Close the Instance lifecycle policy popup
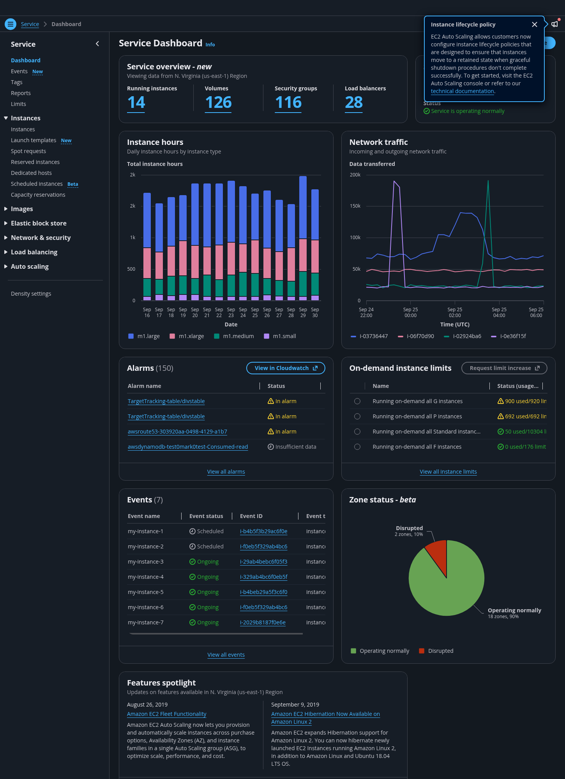click(535, 25)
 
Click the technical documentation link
click(463, 91)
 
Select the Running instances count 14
click(136, 102)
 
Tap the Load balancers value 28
click(354, 102)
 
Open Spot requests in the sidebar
click(28, 151)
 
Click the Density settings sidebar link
click(31, 294)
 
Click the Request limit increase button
click(504, 368)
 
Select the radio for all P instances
click(357, 416)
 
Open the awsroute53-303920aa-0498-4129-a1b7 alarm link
click(177, 432)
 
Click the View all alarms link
click(226, 472)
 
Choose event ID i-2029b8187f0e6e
click(263, 622)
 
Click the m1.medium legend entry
click(234, 336)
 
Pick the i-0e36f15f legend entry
click(508, 336)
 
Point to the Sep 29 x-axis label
click(303, 312)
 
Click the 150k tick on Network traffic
click(355, 206)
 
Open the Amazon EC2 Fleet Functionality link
click(167, 714)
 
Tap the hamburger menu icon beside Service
click(11, 24)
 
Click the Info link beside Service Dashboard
click(210, 45)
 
